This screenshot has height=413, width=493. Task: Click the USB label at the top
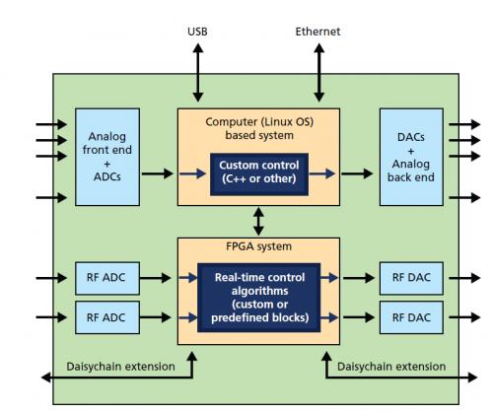[197, 32]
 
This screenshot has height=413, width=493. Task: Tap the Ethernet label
[317, 32]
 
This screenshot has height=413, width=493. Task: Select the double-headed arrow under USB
[198, 73]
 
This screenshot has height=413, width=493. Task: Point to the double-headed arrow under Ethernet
[318, 73]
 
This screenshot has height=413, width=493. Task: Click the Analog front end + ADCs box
[107, 157]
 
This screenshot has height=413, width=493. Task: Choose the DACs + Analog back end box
[411, 157]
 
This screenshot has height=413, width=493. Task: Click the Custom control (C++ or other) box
[259, 174]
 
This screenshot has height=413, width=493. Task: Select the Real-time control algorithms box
[259, 298]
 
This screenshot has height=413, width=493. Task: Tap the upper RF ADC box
[107, 278]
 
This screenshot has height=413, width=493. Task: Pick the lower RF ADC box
[107, 317]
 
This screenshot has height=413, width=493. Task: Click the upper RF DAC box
[411, 278]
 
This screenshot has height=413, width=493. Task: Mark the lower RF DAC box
[411, 317]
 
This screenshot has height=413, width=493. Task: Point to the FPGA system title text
[258, 246]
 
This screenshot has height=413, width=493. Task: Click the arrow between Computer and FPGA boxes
[258, 222]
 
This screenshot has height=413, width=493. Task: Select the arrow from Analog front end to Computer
[157, 173]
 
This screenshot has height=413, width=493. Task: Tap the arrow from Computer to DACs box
[357, 173]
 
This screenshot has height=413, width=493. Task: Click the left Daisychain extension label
[120, 367]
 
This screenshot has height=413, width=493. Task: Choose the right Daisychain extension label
[391, 367]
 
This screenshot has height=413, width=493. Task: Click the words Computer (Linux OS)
[259, 122]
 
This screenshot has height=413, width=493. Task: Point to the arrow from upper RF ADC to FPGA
[155, 278]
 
